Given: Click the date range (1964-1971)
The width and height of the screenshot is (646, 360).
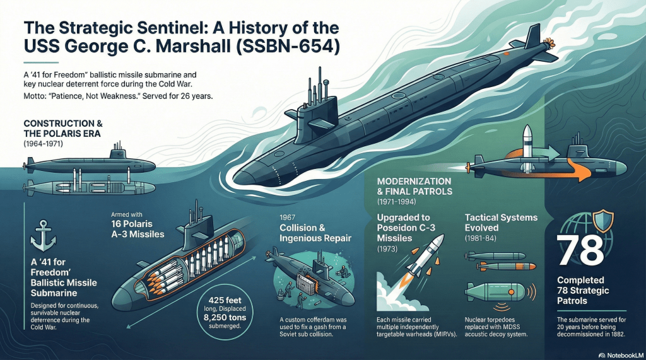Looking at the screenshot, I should pyautogui.click(x=45, y=144).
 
